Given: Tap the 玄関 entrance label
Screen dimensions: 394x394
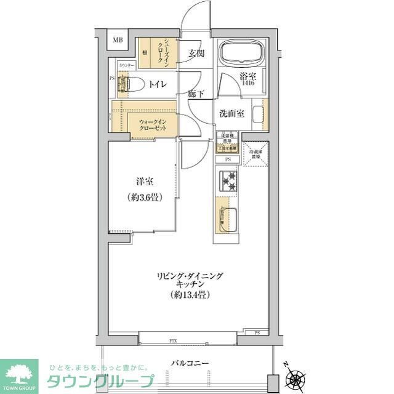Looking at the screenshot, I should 196,54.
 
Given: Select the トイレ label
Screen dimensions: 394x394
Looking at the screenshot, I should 157,84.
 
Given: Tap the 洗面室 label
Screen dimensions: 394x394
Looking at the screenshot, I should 231,113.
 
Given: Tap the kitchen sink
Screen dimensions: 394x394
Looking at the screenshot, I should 226,219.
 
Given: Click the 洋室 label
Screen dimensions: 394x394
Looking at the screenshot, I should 145,182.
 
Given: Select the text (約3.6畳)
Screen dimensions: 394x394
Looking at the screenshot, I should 145,199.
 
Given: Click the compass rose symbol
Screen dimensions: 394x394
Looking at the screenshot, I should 299,376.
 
